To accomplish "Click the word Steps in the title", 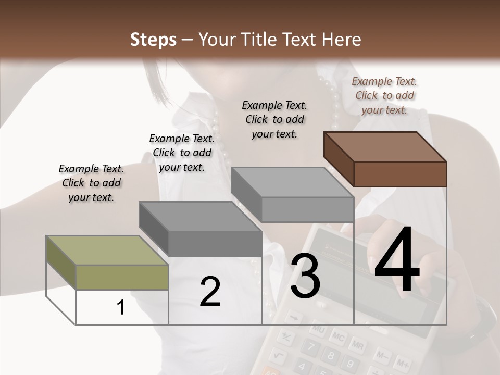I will pyautogui.click(x=153, y=40).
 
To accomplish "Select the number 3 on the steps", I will pyautogui.click(x=305, y=276).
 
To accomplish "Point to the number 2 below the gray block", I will pyautogui.click(x=210, y=292).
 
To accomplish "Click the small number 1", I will pyautogui.click(x=121, y=308).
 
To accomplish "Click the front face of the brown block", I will pyautogui.click(x=400, y=174).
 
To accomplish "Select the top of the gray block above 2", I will pyautogui.click(x=199, y=216).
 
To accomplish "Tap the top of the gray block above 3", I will pyautogui.click(x=292, y=182).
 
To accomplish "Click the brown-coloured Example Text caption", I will pyautogui.click(x=384, y=95).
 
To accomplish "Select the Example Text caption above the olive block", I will pyautogui.click(x=91, y=183).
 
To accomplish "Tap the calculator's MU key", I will pyautogui.click(x=319, y=330).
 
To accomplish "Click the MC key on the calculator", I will pyautogui.click(x=337, y=338).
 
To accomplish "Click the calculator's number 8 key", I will pyautogui.click(x=329, y=356).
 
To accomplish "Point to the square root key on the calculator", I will pyautogui.click(x=279, y=355).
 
